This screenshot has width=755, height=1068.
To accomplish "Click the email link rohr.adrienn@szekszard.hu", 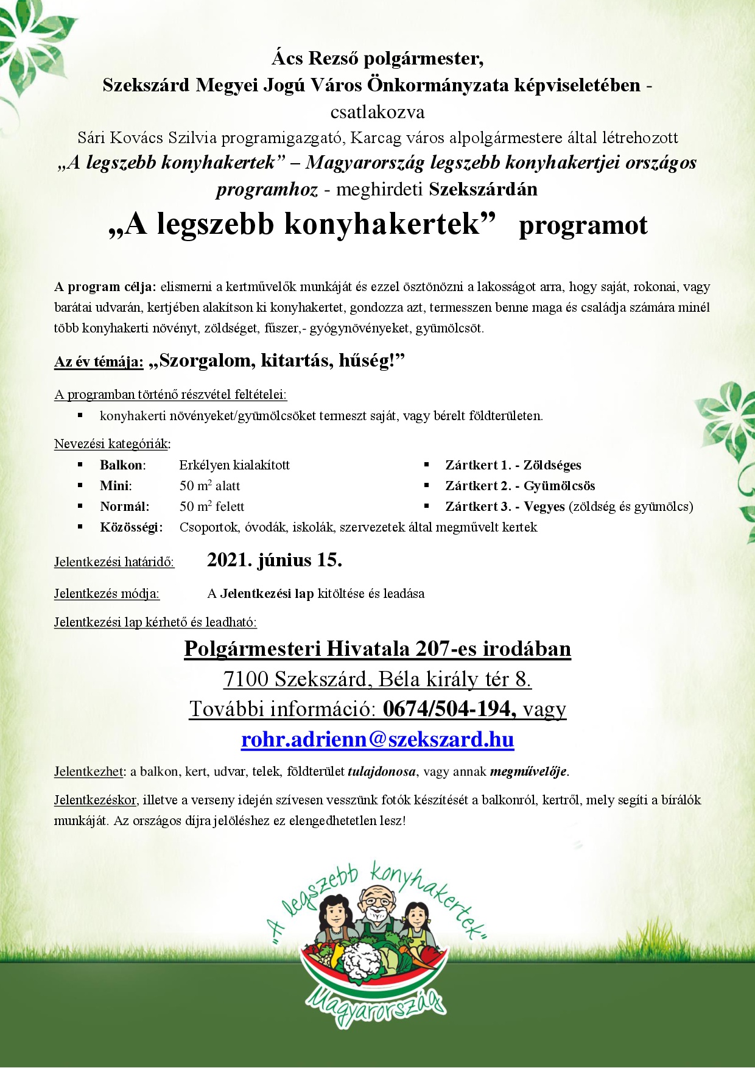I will tap(377, 739).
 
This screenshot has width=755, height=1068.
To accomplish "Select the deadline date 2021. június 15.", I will tap(275, 560).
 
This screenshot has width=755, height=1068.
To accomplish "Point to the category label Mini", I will tap(116, 486).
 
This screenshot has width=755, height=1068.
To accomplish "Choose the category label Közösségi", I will tap(131, 527).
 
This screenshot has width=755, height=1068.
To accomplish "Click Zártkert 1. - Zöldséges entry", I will tap(513, 465).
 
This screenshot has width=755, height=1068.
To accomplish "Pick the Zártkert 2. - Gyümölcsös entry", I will tap(520, 486).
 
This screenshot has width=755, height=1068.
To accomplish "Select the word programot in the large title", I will tap(583, 225).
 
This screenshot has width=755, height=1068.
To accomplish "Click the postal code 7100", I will tap(246, 679).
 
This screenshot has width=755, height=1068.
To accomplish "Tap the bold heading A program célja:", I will tap(105, 287).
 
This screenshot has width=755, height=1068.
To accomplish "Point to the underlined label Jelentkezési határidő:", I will tap(114, 562).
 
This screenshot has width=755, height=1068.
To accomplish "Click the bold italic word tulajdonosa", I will tap(382, 771).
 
